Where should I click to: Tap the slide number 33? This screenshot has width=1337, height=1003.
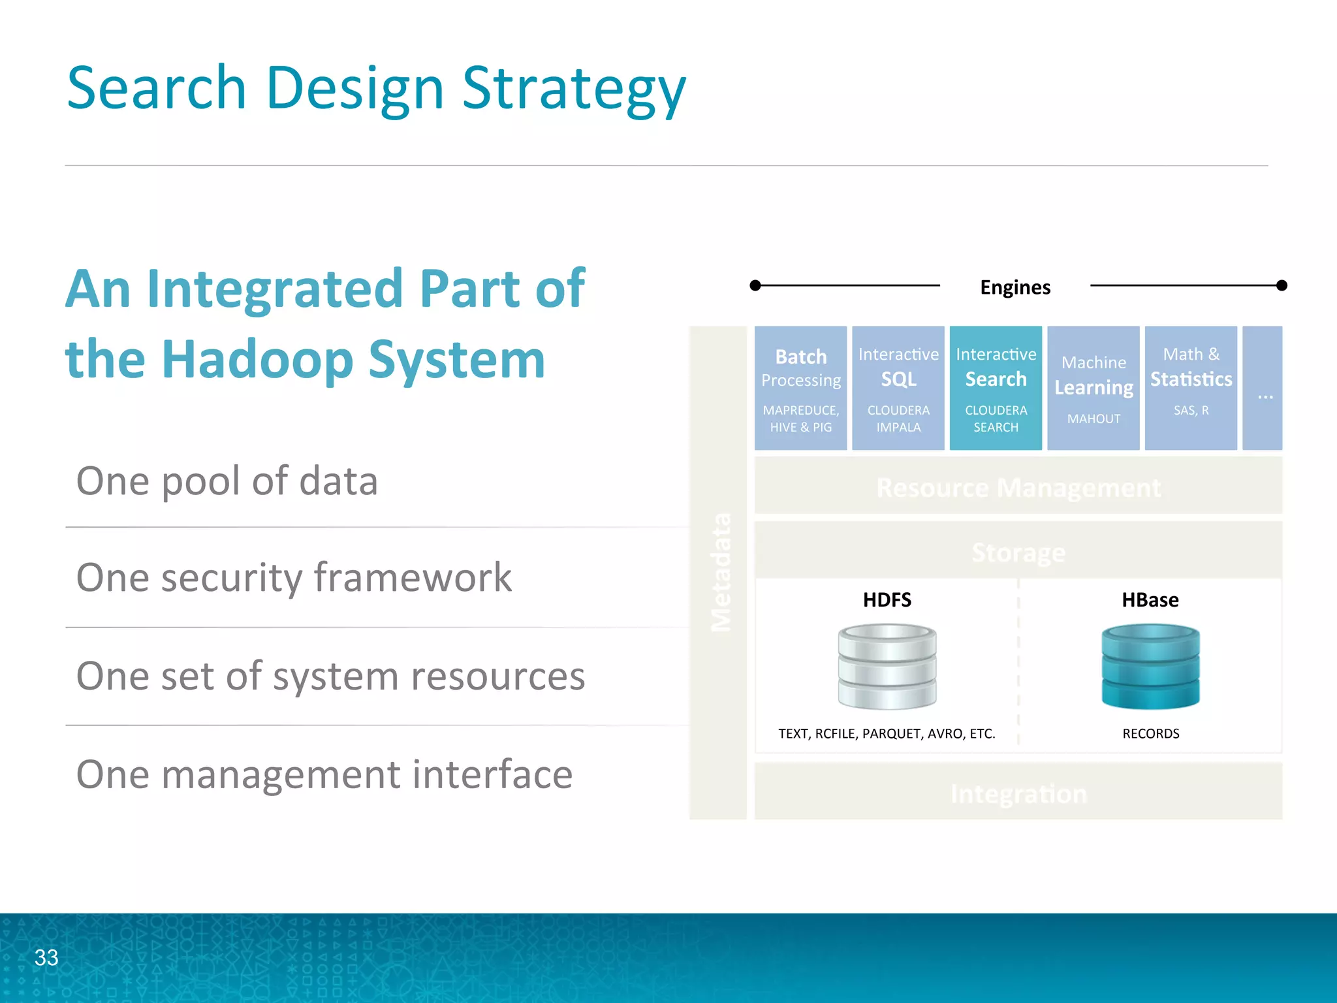[x=46, y=957]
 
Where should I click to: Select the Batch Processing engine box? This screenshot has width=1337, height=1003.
[x=800, y=388]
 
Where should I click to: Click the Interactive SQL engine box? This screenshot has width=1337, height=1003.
[x=898, y=388]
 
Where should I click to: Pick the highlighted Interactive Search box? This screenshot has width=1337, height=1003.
[x=996, y=388]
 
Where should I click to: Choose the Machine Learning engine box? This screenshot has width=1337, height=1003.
[x=1093, y=388]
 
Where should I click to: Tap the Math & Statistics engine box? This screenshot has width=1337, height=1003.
[x=1191, y=388]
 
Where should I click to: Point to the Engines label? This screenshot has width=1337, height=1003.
[x=1015, y=287]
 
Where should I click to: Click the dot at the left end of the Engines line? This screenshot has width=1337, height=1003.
[x=755, y=285]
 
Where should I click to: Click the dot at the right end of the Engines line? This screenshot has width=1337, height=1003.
[x=1282, y=285]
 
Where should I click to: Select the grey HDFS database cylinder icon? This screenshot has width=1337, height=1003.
[x=887, y=666]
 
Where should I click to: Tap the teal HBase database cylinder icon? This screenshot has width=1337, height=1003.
[x=1150, y=666]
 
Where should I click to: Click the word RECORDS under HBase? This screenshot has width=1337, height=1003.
[x=1150, y=733]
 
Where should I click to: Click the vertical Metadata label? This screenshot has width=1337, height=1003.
[x=720, y=572]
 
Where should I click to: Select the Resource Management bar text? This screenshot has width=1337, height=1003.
[x=1018, y=488]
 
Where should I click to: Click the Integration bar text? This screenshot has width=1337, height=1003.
[x=1018, y=793]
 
